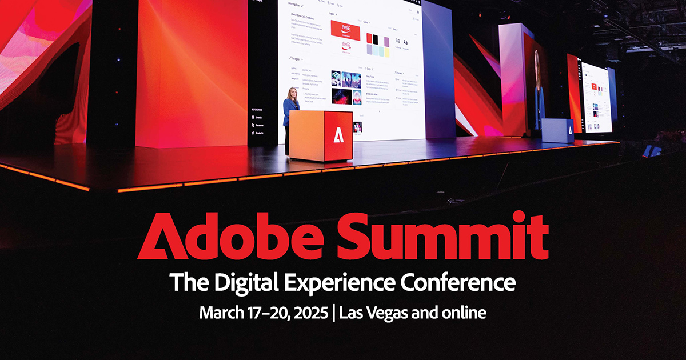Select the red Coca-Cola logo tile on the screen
(346, 30)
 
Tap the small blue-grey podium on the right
(557, 131)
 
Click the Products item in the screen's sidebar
(258, 133)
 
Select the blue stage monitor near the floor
(652, 150)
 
